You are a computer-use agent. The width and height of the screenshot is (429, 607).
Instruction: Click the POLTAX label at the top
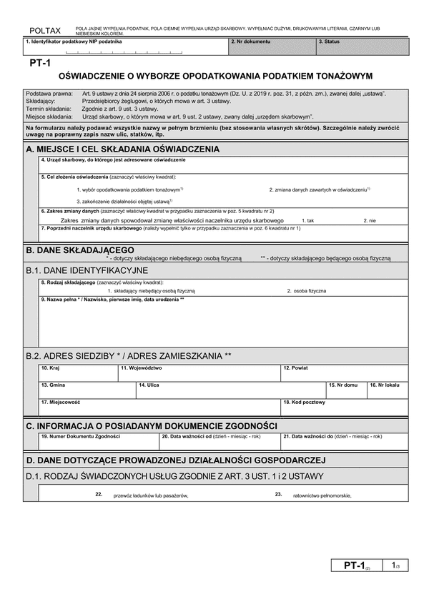(x=44, y=29)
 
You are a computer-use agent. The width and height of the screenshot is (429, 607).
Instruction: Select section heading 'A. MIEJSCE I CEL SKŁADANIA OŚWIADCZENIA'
(x=122, y=149)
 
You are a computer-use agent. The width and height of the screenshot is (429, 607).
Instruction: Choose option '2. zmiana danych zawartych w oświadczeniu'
(x=319, y=189)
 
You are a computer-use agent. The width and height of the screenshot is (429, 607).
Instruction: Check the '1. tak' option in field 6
(x=308, y=221)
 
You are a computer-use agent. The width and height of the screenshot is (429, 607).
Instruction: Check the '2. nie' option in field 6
(x=369, y=221)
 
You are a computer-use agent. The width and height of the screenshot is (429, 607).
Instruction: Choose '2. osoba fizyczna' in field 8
(x=307, y=291)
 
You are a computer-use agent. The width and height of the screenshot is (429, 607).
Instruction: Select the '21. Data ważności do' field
(x=344, y=440)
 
